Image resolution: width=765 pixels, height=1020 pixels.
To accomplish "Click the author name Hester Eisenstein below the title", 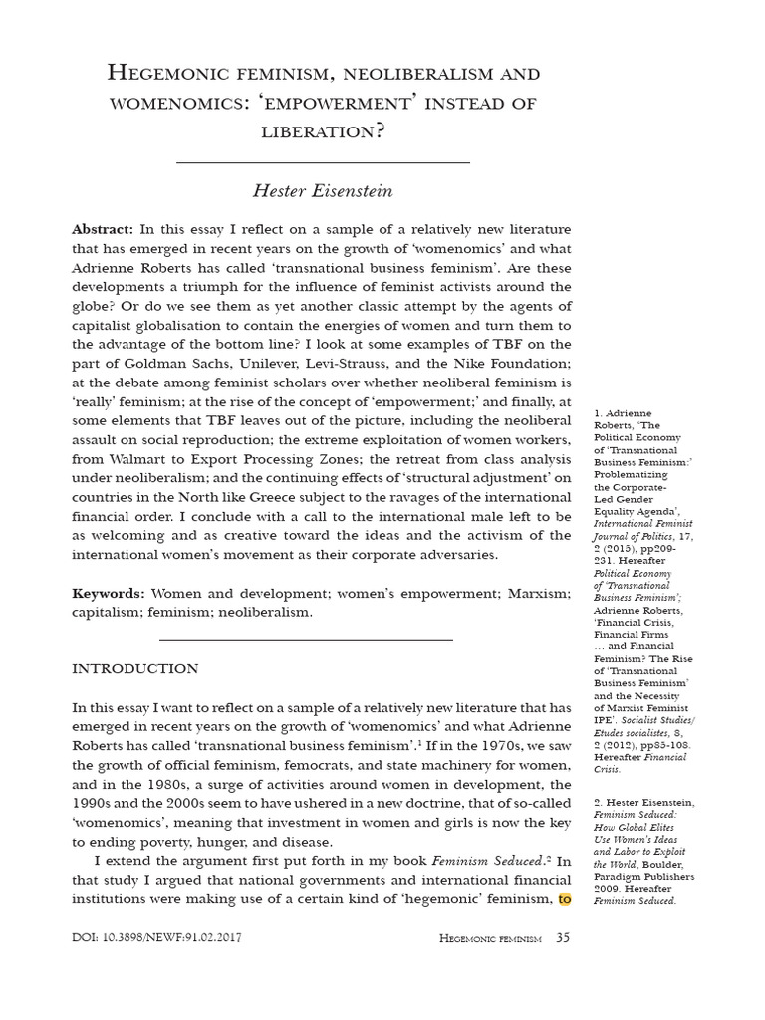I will pyautogui.click(x=323, y=190).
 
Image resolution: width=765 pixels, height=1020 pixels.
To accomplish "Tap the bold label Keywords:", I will pyautogui.click(x=107, y=593).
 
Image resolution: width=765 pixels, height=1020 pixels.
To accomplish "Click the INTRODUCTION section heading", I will pyautogui.click(x=135, y=668).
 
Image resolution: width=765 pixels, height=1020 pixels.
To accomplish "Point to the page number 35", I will pyautogui.click(x=563, y=937).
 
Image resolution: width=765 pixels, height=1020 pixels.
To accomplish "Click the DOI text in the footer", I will pyautogui.click(x=156, y=938).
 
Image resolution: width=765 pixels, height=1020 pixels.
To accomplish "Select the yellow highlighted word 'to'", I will pyautogui.click(x=564, y=898).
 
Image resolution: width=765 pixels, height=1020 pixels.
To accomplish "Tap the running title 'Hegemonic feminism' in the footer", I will pyautogui.click(x=489, y=938).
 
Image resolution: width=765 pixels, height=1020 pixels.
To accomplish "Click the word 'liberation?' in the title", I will pyautogui.click(x=323, y=130).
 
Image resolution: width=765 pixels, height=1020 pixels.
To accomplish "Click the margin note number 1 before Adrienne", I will pyautogui.click(x=597, y=412).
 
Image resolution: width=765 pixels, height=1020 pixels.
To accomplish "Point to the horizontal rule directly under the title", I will pyautogui.click(x=323, y=162).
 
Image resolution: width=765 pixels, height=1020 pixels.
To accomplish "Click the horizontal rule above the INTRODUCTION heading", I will pyautogui.click(x=307, y=639).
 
